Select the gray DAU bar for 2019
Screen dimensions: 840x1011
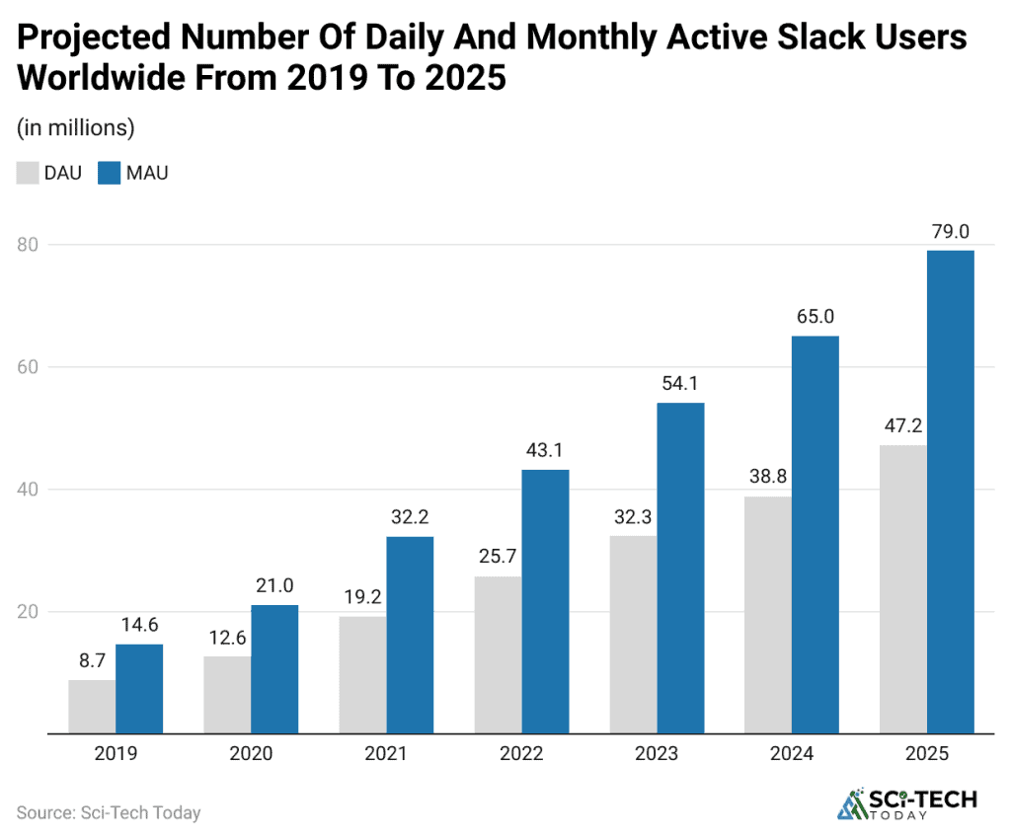coord(92,707)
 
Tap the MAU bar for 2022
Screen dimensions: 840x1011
coord(545,601)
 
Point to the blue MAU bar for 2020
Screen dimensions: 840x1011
coord(274,669)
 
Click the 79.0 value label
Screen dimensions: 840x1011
coord(951,232)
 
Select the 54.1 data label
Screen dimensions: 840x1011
coord(680,384)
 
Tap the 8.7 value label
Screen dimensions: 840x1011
coord(92,660)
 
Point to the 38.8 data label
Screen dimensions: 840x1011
coord(768,477)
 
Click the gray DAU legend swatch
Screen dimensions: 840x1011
coord(27,174)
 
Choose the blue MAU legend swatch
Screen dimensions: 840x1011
coord(109,174)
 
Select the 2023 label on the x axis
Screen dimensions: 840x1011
coord(657,754)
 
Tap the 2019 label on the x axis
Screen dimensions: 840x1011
coord(116,754)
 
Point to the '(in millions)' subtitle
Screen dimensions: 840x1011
coord(75,127)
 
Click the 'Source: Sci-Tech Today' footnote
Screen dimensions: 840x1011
coord(109,813)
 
